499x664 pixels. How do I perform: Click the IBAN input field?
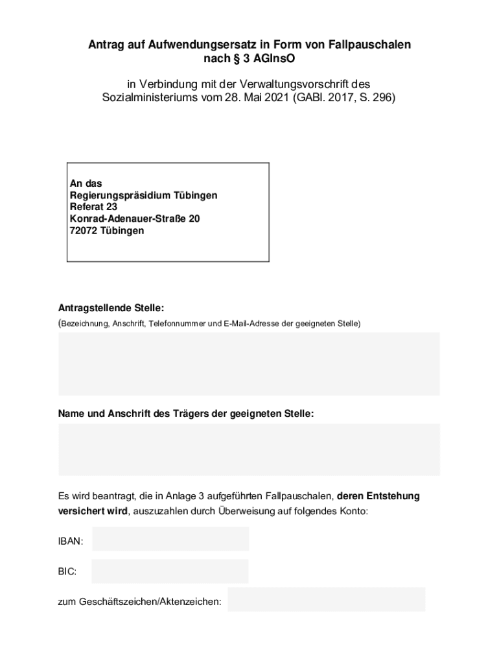170,539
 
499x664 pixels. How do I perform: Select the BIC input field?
170,571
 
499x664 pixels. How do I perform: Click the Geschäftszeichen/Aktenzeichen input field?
326,600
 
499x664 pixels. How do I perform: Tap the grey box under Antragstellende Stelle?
249,364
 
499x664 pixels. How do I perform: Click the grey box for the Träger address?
249,449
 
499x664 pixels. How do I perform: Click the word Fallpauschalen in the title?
366,45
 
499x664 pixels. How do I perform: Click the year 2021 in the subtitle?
277,99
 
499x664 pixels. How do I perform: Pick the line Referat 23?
93,207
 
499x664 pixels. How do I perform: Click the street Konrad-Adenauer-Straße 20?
135,219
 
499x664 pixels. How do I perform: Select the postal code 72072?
84,230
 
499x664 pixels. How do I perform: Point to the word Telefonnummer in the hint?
176,323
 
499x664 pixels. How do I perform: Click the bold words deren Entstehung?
378,497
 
